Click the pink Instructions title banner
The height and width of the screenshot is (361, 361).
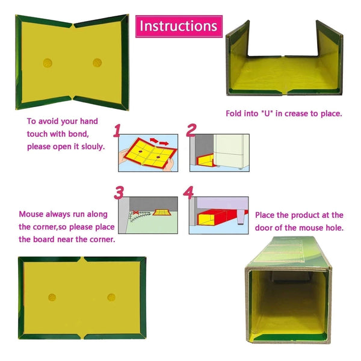click(179, 26)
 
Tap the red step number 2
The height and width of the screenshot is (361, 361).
click(191, 131)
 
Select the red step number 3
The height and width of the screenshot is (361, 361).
click(120, 193)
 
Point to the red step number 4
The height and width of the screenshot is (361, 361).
click(189, 193)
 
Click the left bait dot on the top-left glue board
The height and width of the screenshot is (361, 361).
click(47, 62)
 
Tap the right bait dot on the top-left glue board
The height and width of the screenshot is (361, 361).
click(97, 62)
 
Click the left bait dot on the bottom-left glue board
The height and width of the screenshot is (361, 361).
click(52, 297)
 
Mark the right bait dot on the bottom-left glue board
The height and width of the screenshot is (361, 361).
click(111, 297)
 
